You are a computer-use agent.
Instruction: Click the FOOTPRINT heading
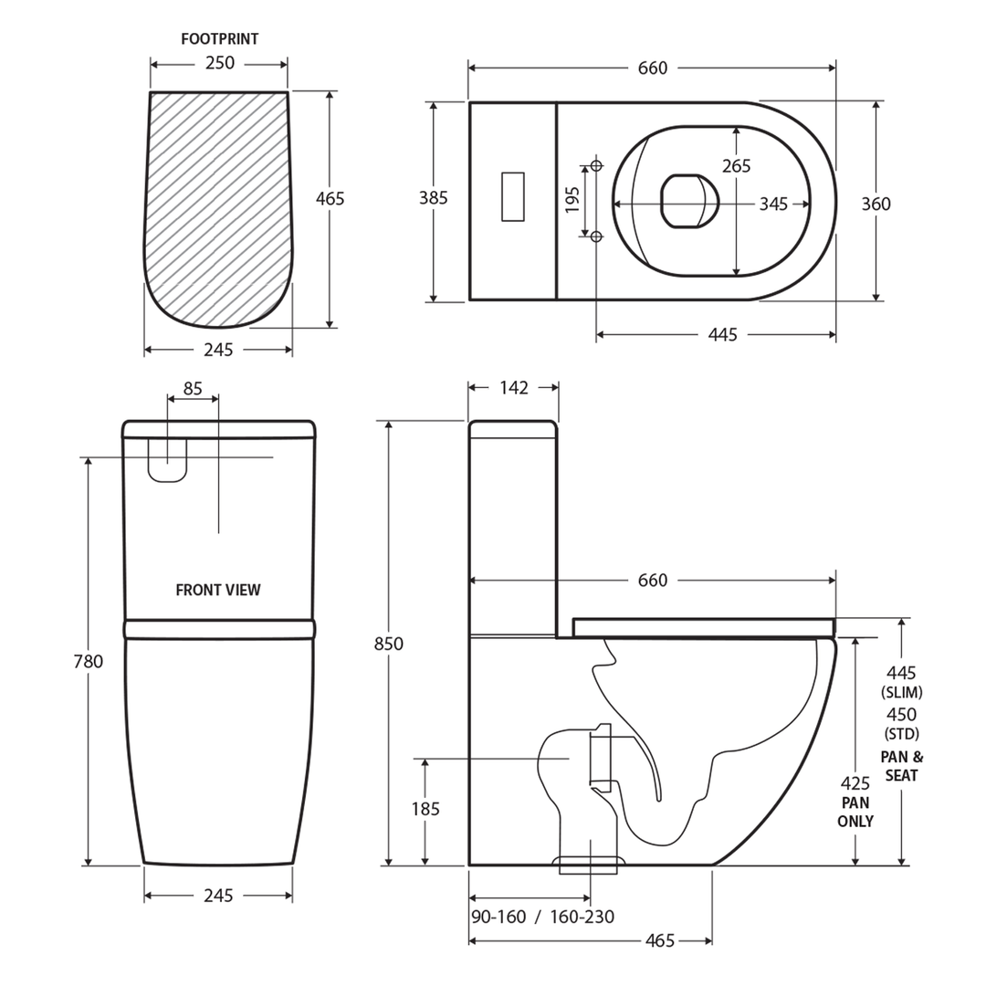[x=219, y=39]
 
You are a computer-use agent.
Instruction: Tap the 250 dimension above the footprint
[x=219, y=63]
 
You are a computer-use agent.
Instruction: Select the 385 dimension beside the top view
[x=433, y=198]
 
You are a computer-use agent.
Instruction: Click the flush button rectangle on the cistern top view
[x=513, y=196]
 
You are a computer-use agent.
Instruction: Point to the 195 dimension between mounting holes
[x=573, y=200]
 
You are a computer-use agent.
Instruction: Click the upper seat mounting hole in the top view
[x=596, y=165]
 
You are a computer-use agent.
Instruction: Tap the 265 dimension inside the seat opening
[x=736, y=166]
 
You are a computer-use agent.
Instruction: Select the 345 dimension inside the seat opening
[x=773, y=205]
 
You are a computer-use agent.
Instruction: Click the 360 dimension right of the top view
[x=876, y=205]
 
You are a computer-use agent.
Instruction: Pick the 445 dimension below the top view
[x=722, y=335]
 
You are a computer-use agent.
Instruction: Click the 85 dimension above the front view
[x=193, y=389]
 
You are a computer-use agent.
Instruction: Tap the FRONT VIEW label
[x=218, y=590]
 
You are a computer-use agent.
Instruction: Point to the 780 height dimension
[x=89, y=662]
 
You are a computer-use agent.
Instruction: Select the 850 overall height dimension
[x=389, y=645]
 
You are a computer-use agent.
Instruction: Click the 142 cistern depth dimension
[x=514, y=388]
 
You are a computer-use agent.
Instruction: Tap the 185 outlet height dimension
[x=425, y=809]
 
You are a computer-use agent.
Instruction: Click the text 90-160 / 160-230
[x=542, y=917]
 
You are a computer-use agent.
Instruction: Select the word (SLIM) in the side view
[x=901, y=693]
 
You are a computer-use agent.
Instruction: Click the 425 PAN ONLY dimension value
[x=855, y=783]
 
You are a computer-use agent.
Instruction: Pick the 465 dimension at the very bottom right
[x=660, y=940]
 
